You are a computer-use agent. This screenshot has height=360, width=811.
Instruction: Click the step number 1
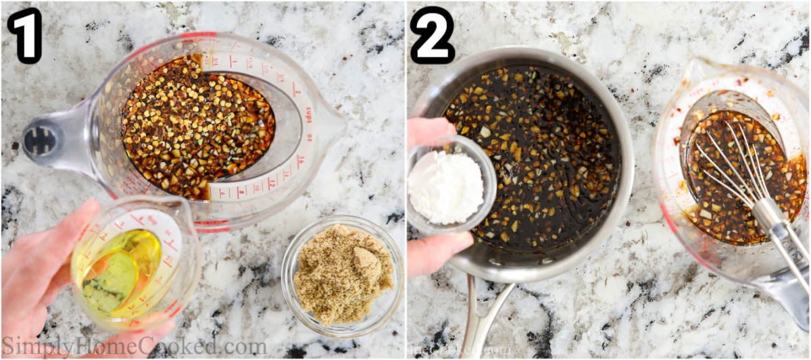tap(24, 35)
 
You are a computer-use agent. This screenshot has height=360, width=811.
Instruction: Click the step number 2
tap(432, 35)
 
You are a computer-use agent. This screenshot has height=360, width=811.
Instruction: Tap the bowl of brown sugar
tap(343, 274)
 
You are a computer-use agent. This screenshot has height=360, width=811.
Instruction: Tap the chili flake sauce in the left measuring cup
tap(196, 125)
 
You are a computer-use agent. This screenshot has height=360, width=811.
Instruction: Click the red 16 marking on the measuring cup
tap(300, 162)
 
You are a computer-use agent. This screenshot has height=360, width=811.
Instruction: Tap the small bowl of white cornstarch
tap(447, 186)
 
